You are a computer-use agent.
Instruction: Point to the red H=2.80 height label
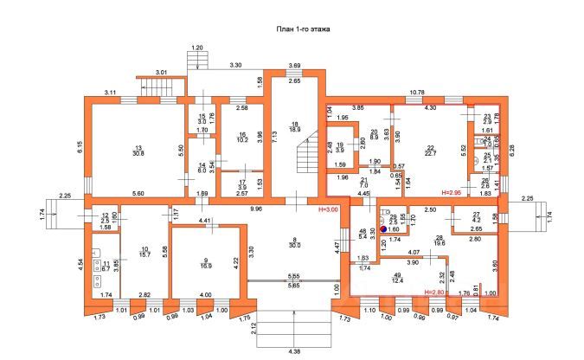pyautogui.click(x=439, y=292)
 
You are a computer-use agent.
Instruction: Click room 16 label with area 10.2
pyautogui.click(x=242, y=135)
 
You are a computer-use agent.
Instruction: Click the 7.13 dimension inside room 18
pyautogui.click(x=274, y=135)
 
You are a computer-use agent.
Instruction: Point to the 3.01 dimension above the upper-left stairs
pyautogui.click(x=161, y=72)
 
